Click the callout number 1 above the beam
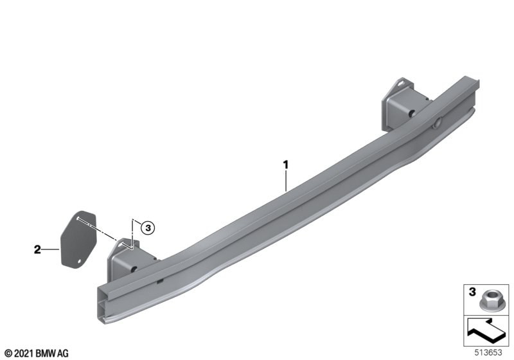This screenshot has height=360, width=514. (286, 165)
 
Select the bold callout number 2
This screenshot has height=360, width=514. (37, 249)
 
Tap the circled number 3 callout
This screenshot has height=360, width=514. (148, 227)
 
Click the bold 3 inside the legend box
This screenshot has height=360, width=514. (472, 292)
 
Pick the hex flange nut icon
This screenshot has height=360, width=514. (488, 301)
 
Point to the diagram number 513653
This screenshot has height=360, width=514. (488, 352)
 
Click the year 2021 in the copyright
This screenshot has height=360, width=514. (24, 354)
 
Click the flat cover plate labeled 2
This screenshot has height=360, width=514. (78, 239)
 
